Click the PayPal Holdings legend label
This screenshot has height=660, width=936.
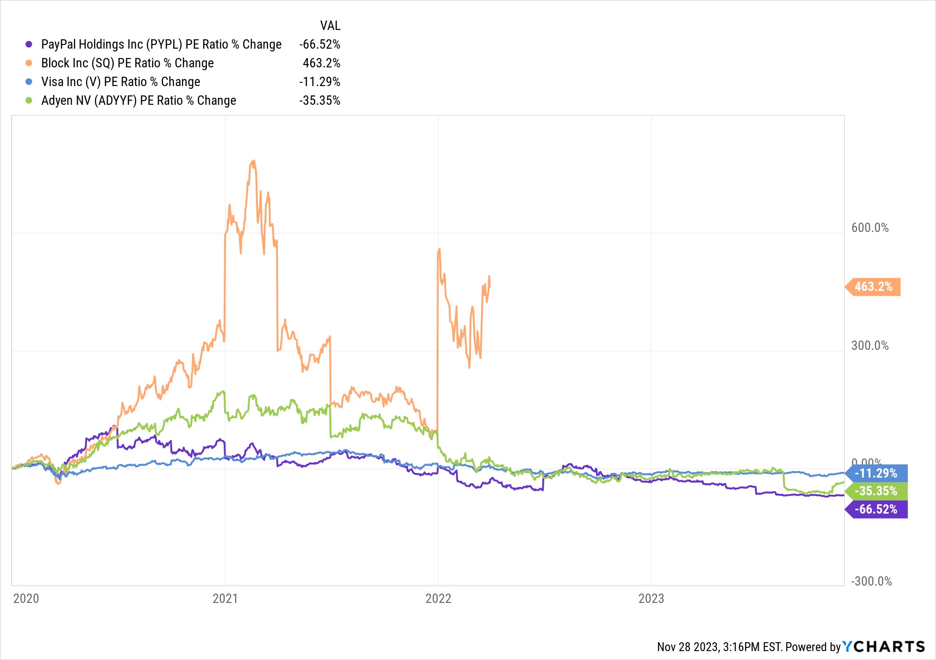[161, 44]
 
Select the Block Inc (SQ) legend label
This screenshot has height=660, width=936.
[127, 63]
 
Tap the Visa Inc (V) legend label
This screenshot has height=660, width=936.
[120, 82]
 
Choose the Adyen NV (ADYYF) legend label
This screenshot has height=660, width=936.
[139, 101]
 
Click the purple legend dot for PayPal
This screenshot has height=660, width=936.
[29, 44]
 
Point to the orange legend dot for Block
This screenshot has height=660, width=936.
[29, 63]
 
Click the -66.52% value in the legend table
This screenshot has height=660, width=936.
[320, 44]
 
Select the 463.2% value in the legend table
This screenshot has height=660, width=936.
[321, 63]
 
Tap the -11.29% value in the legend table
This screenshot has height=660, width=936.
[320, 82]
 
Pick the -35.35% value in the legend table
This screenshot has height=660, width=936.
[320, 101]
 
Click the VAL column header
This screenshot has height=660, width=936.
[330, 25]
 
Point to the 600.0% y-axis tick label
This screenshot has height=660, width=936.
[870, 228]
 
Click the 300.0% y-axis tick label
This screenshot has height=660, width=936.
[870, 346]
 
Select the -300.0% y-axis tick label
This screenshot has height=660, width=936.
[871, 581]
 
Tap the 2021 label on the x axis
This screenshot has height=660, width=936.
[225, 599]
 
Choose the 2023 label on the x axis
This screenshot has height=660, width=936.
[651, 599]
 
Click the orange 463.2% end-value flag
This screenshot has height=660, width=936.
[873, 287]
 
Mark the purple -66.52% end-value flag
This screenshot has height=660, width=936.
[876, 509]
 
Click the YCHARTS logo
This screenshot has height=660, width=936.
[884, 647]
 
